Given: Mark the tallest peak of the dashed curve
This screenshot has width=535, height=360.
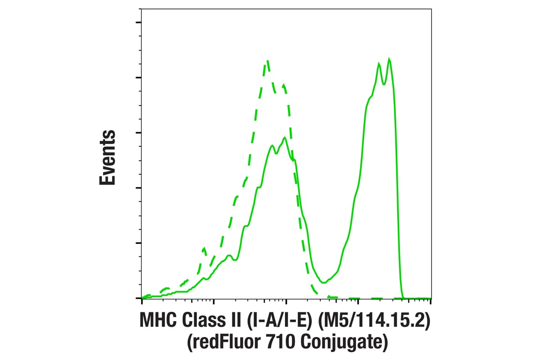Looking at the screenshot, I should coord(267,60).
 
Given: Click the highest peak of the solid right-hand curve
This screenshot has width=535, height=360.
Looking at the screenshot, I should coord(389,59).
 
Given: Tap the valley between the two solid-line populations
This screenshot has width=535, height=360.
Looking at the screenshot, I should coord(324,282).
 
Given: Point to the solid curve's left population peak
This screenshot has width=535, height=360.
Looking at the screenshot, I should coord(285,137).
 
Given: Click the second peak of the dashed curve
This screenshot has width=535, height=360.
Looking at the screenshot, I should coord(284,85).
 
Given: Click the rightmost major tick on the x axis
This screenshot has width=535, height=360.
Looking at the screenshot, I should coord(430,301).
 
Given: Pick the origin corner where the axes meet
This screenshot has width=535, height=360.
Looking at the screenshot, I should coord(142,298).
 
